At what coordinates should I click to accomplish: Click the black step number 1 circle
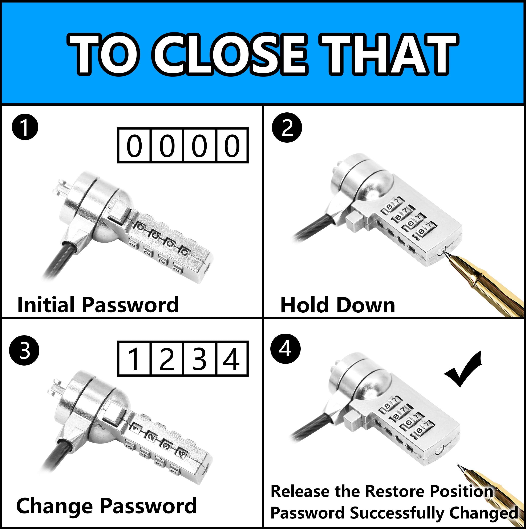point(25,128)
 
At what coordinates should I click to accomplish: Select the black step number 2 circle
point(287,128)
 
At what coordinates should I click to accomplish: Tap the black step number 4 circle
point(285,349)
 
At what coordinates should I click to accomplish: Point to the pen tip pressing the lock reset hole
point(446,253)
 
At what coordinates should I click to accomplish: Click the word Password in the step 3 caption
point(148,506)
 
